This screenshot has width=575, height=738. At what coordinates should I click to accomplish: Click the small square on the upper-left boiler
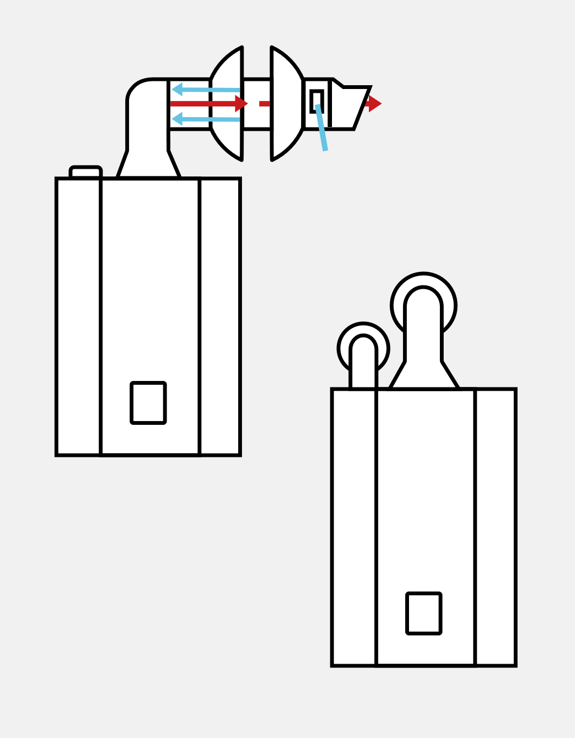[148, 403]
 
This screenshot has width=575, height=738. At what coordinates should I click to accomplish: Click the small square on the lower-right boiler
[424, 613]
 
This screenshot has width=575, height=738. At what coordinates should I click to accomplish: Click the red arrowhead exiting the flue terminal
[374, 104]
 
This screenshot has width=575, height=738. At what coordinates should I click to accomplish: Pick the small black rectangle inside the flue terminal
[317, 100]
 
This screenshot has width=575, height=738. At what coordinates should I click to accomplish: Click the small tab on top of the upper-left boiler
[86, 172]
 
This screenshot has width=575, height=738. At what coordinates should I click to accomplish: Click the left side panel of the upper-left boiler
[79, 316]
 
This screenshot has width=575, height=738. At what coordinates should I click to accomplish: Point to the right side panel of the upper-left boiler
[220, 316]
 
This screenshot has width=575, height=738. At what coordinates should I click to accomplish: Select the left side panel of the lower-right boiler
[354, 527]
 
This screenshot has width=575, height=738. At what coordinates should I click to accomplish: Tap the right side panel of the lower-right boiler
[495, 527]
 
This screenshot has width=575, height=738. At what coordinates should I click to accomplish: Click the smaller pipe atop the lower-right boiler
[363, 361]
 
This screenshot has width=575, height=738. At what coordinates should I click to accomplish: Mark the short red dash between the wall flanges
[264, 104]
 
